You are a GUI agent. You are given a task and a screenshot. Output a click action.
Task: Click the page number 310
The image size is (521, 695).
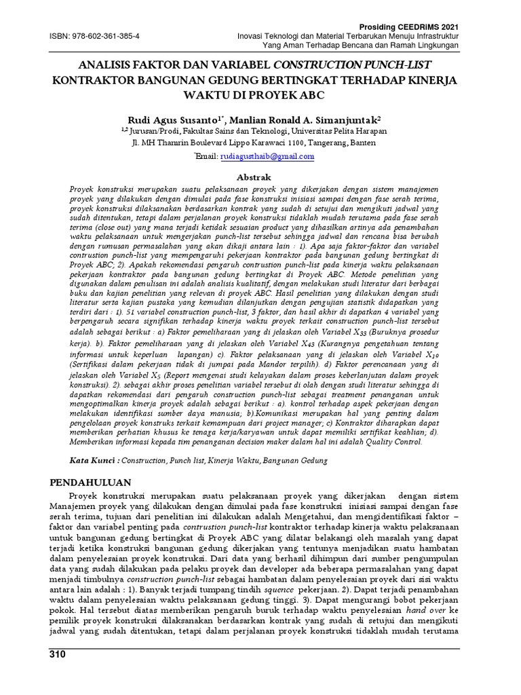click(x=59, y=654)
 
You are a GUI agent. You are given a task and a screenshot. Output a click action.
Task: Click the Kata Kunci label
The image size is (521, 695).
click(x=94, y=460)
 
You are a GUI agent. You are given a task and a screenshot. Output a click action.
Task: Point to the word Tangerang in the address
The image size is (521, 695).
click(x=329, y=144)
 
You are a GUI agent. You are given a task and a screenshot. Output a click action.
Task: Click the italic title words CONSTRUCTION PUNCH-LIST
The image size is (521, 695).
click(x=352, y=66)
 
